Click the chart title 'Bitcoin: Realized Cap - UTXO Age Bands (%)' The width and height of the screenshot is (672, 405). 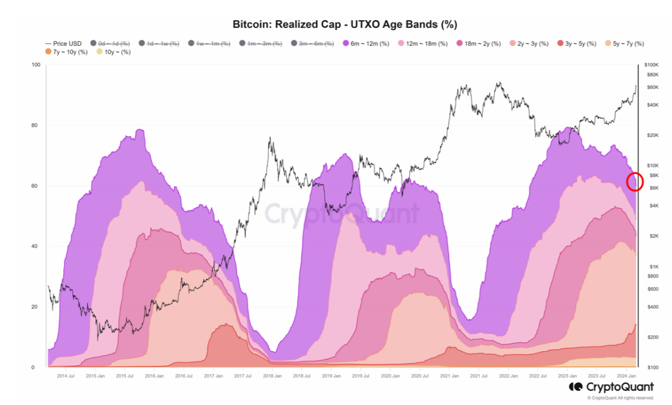344,24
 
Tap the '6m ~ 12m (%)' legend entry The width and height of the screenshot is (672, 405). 366,44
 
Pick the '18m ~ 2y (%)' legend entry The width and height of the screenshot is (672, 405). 481,44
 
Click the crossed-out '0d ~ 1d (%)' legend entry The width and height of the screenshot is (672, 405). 113,44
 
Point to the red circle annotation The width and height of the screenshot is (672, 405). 635,181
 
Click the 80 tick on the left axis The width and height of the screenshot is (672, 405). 35,125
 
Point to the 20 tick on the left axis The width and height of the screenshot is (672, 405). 35,307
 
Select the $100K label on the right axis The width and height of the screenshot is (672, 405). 652,65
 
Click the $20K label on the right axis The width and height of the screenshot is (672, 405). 653,136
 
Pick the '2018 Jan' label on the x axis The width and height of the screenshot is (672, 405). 272,376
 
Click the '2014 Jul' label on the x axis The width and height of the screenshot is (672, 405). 66,376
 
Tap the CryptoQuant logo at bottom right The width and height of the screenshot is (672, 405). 611,387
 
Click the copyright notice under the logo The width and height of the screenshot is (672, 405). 621,398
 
